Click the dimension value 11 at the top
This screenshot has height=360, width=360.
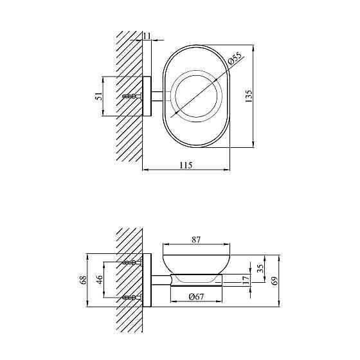pos(147,36)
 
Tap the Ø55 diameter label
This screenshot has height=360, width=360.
pos(235,58)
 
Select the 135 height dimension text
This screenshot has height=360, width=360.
pos(249,96)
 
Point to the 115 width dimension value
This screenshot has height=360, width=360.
pos(186,165)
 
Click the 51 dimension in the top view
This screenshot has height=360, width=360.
pos(99,96)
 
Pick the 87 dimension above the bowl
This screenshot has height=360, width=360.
pos(196,240)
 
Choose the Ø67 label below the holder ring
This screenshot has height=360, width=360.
pos(196,296)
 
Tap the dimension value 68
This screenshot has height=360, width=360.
pos(84,280)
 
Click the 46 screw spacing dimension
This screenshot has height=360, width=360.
pos(100,280)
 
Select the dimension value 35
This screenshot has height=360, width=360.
pos(260,268)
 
